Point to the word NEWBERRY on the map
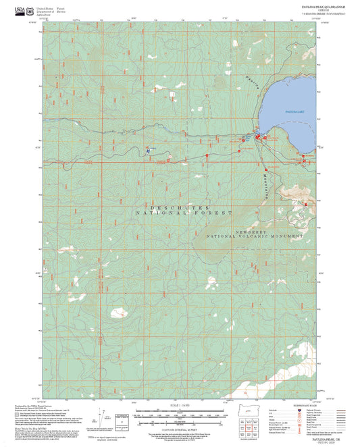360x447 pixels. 253,232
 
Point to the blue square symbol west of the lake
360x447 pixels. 148,152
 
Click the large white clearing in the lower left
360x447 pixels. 119,312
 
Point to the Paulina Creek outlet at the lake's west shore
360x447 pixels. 260,134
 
